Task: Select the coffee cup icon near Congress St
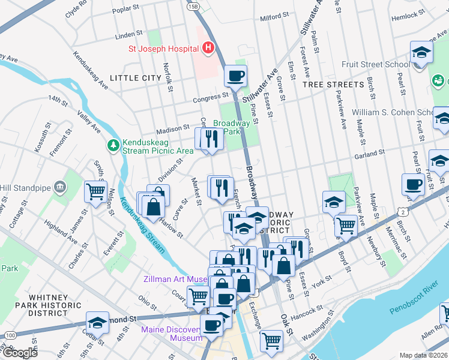tap(235, 76)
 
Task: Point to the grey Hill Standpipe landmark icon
tap(59, 187)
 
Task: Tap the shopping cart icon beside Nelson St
tap(95, 192)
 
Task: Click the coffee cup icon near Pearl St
tap(413, 185)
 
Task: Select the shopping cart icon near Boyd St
tap(345, 225)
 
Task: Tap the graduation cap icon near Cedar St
tap(97, 323)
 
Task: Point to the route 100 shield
tap(8, 334)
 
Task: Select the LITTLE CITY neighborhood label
tap(135, 78)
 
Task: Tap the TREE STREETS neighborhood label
tap(333, 85)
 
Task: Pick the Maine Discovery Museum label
tap(171, 334)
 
